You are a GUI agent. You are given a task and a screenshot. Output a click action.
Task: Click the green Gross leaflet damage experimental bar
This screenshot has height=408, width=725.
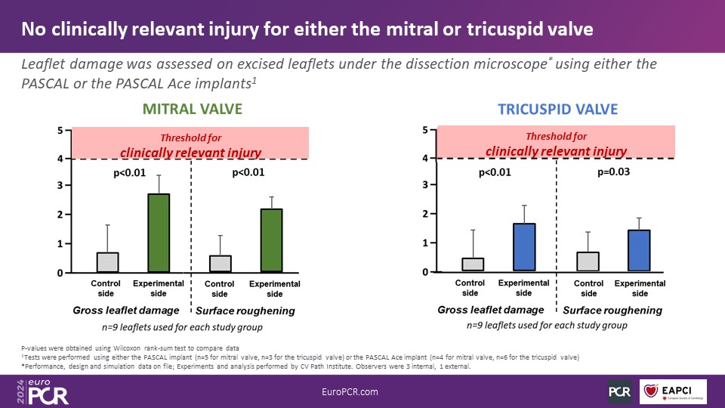[159, 233]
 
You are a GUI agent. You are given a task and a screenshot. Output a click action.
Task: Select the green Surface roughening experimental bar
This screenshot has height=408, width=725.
[271, 240]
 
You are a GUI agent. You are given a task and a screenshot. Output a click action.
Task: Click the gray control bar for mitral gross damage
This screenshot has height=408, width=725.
[107, 262]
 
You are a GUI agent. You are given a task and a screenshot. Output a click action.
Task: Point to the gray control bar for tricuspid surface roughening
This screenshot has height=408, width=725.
[589, 261]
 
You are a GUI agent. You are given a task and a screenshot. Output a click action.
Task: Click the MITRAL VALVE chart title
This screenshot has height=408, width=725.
[193, 110]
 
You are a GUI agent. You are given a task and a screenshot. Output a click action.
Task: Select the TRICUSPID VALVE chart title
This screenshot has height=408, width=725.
[557, 109]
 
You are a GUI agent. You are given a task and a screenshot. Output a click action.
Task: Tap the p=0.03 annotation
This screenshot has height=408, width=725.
[612, 172]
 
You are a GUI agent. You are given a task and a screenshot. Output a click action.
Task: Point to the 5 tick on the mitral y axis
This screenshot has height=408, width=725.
[60, 131]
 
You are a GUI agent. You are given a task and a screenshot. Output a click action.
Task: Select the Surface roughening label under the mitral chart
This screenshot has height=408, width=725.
[245, 311]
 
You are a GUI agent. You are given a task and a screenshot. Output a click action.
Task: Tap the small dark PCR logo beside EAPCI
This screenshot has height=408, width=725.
[619, 391]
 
